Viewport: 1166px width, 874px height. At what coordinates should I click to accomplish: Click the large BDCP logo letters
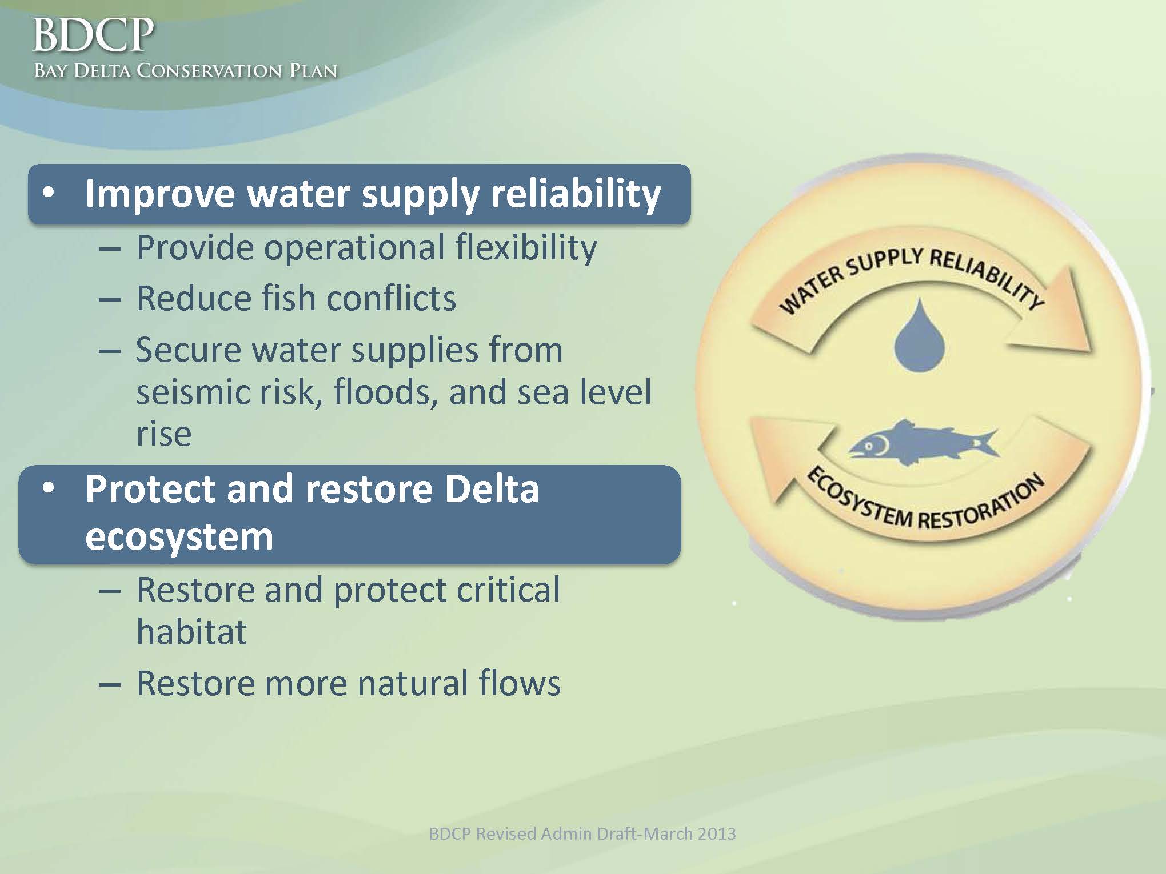(x=93, y=35)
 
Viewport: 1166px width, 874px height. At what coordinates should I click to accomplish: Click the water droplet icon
(x=919, y=335)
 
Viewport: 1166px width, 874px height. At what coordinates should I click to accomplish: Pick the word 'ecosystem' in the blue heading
(x=179, y=538)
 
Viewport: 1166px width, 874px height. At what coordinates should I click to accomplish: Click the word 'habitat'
(x=191, y=631)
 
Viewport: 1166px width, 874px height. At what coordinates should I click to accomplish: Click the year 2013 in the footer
(x=714, y=834)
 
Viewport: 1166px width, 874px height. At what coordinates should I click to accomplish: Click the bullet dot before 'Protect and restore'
(x=49, y=488)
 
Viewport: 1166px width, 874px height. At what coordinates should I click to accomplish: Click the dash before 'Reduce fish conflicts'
(x=110, y=299)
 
